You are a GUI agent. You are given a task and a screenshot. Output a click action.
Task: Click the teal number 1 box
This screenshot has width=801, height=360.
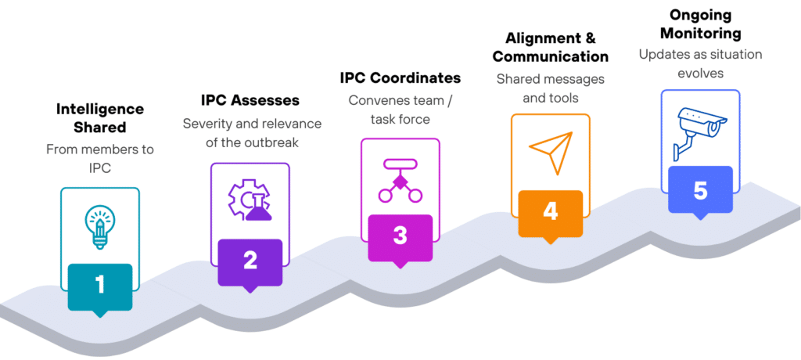coord(100,285)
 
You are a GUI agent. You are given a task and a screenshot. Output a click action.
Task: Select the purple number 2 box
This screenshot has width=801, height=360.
coord(250,260)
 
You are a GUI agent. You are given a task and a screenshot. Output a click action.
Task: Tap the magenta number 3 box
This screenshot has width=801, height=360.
coord(400,236)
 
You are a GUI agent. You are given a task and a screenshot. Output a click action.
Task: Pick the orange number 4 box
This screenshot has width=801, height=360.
coord(550,212)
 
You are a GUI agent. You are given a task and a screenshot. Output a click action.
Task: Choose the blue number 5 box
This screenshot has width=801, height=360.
coord(700,189)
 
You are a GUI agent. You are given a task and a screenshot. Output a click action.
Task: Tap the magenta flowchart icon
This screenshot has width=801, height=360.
coord(400,178)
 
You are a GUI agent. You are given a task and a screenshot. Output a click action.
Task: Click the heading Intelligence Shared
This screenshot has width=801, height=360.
coord(100,118)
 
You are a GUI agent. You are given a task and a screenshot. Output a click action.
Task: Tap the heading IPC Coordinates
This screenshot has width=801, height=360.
coord(400,78)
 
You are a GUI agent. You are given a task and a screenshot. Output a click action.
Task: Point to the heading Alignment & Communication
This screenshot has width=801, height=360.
coord(550,47)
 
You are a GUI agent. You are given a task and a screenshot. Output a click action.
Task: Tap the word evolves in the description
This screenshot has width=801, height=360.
coord(700,73)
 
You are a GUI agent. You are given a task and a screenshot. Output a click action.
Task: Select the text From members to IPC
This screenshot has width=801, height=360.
coord(100,157)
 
